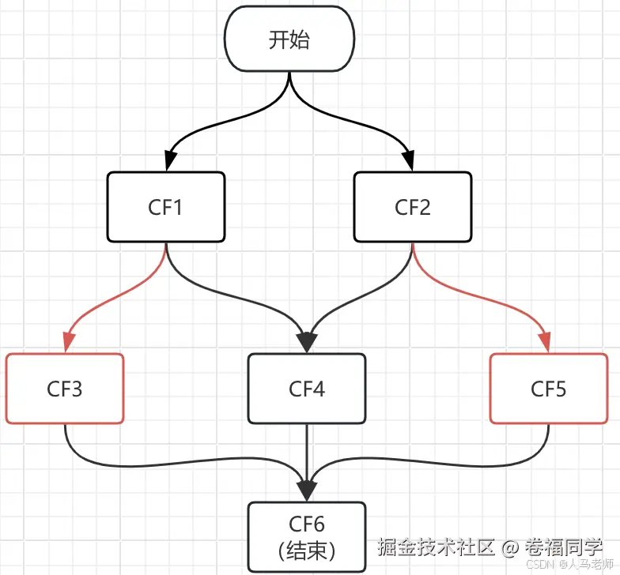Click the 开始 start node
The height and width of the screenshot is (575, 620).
[289, 40]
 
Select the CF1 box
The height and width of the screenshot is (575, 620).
[166, 207]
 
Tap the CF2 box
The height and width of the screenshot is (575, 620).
[412, 207]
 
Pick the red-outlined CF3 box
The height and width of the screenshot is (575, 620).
[65, 389]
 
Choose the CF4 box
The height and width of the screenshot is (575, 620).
[307, 389]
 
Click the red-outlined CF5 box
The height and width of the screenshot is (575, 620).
[549, 389]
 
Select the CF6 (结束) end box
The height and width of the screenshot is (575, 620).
[307, 537]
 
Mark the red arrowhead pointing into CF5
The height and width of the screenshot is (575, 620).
[546, 342]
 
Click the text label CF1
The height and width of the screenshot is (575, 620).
[165, 208]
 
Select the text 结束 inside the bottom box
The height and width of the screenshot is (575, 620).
[307, 551]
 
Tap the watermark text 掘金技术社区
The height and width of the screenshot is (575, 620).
[436, 547]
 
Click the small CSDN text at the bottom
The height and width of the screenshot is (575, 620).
[539, 566]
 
